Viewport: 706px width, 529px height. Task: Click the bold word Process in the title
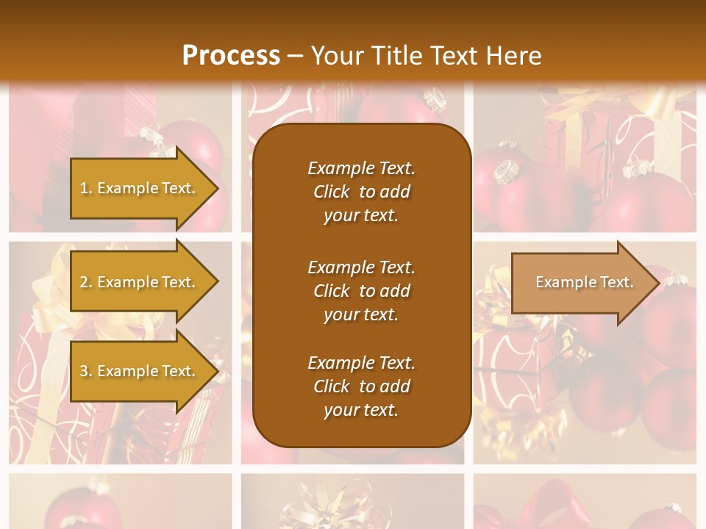click(231, 56)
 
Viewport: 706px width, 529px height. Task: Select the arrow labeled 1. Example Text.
click(140, 188)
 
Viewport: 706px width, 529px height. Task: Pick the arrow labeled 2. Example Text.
click(140, 282)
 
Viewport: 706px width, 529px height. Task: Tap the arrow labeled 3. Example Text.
click(140, 371)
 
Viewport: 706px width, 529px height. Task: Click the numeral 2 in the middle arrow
click(84, 282)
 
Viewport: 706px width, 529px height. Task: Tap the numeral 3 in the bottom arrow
click(84, 371)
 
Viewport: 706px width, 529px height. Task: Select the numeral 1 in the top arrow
click(84, 188)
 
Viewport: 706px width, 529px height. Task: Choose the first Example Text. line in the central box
click(361, 168)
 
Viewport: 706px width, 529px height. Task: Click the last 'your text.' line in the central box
click(361, 410)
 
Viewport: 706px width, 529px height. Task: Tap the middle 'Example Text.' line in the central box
click(361, 267)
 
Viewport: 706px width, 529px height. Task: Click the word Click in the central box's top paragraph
click(331, 192)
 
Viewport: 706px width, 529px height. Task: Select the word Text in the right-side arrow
click(615, 282)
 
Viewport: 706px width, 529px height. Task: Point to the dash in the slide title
click(295, 56)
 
